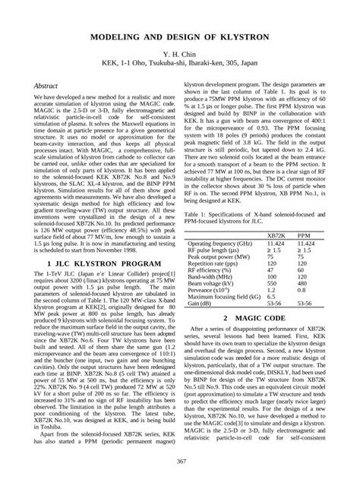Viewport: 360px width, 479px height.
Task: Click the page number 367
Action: tap(180, 463)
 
